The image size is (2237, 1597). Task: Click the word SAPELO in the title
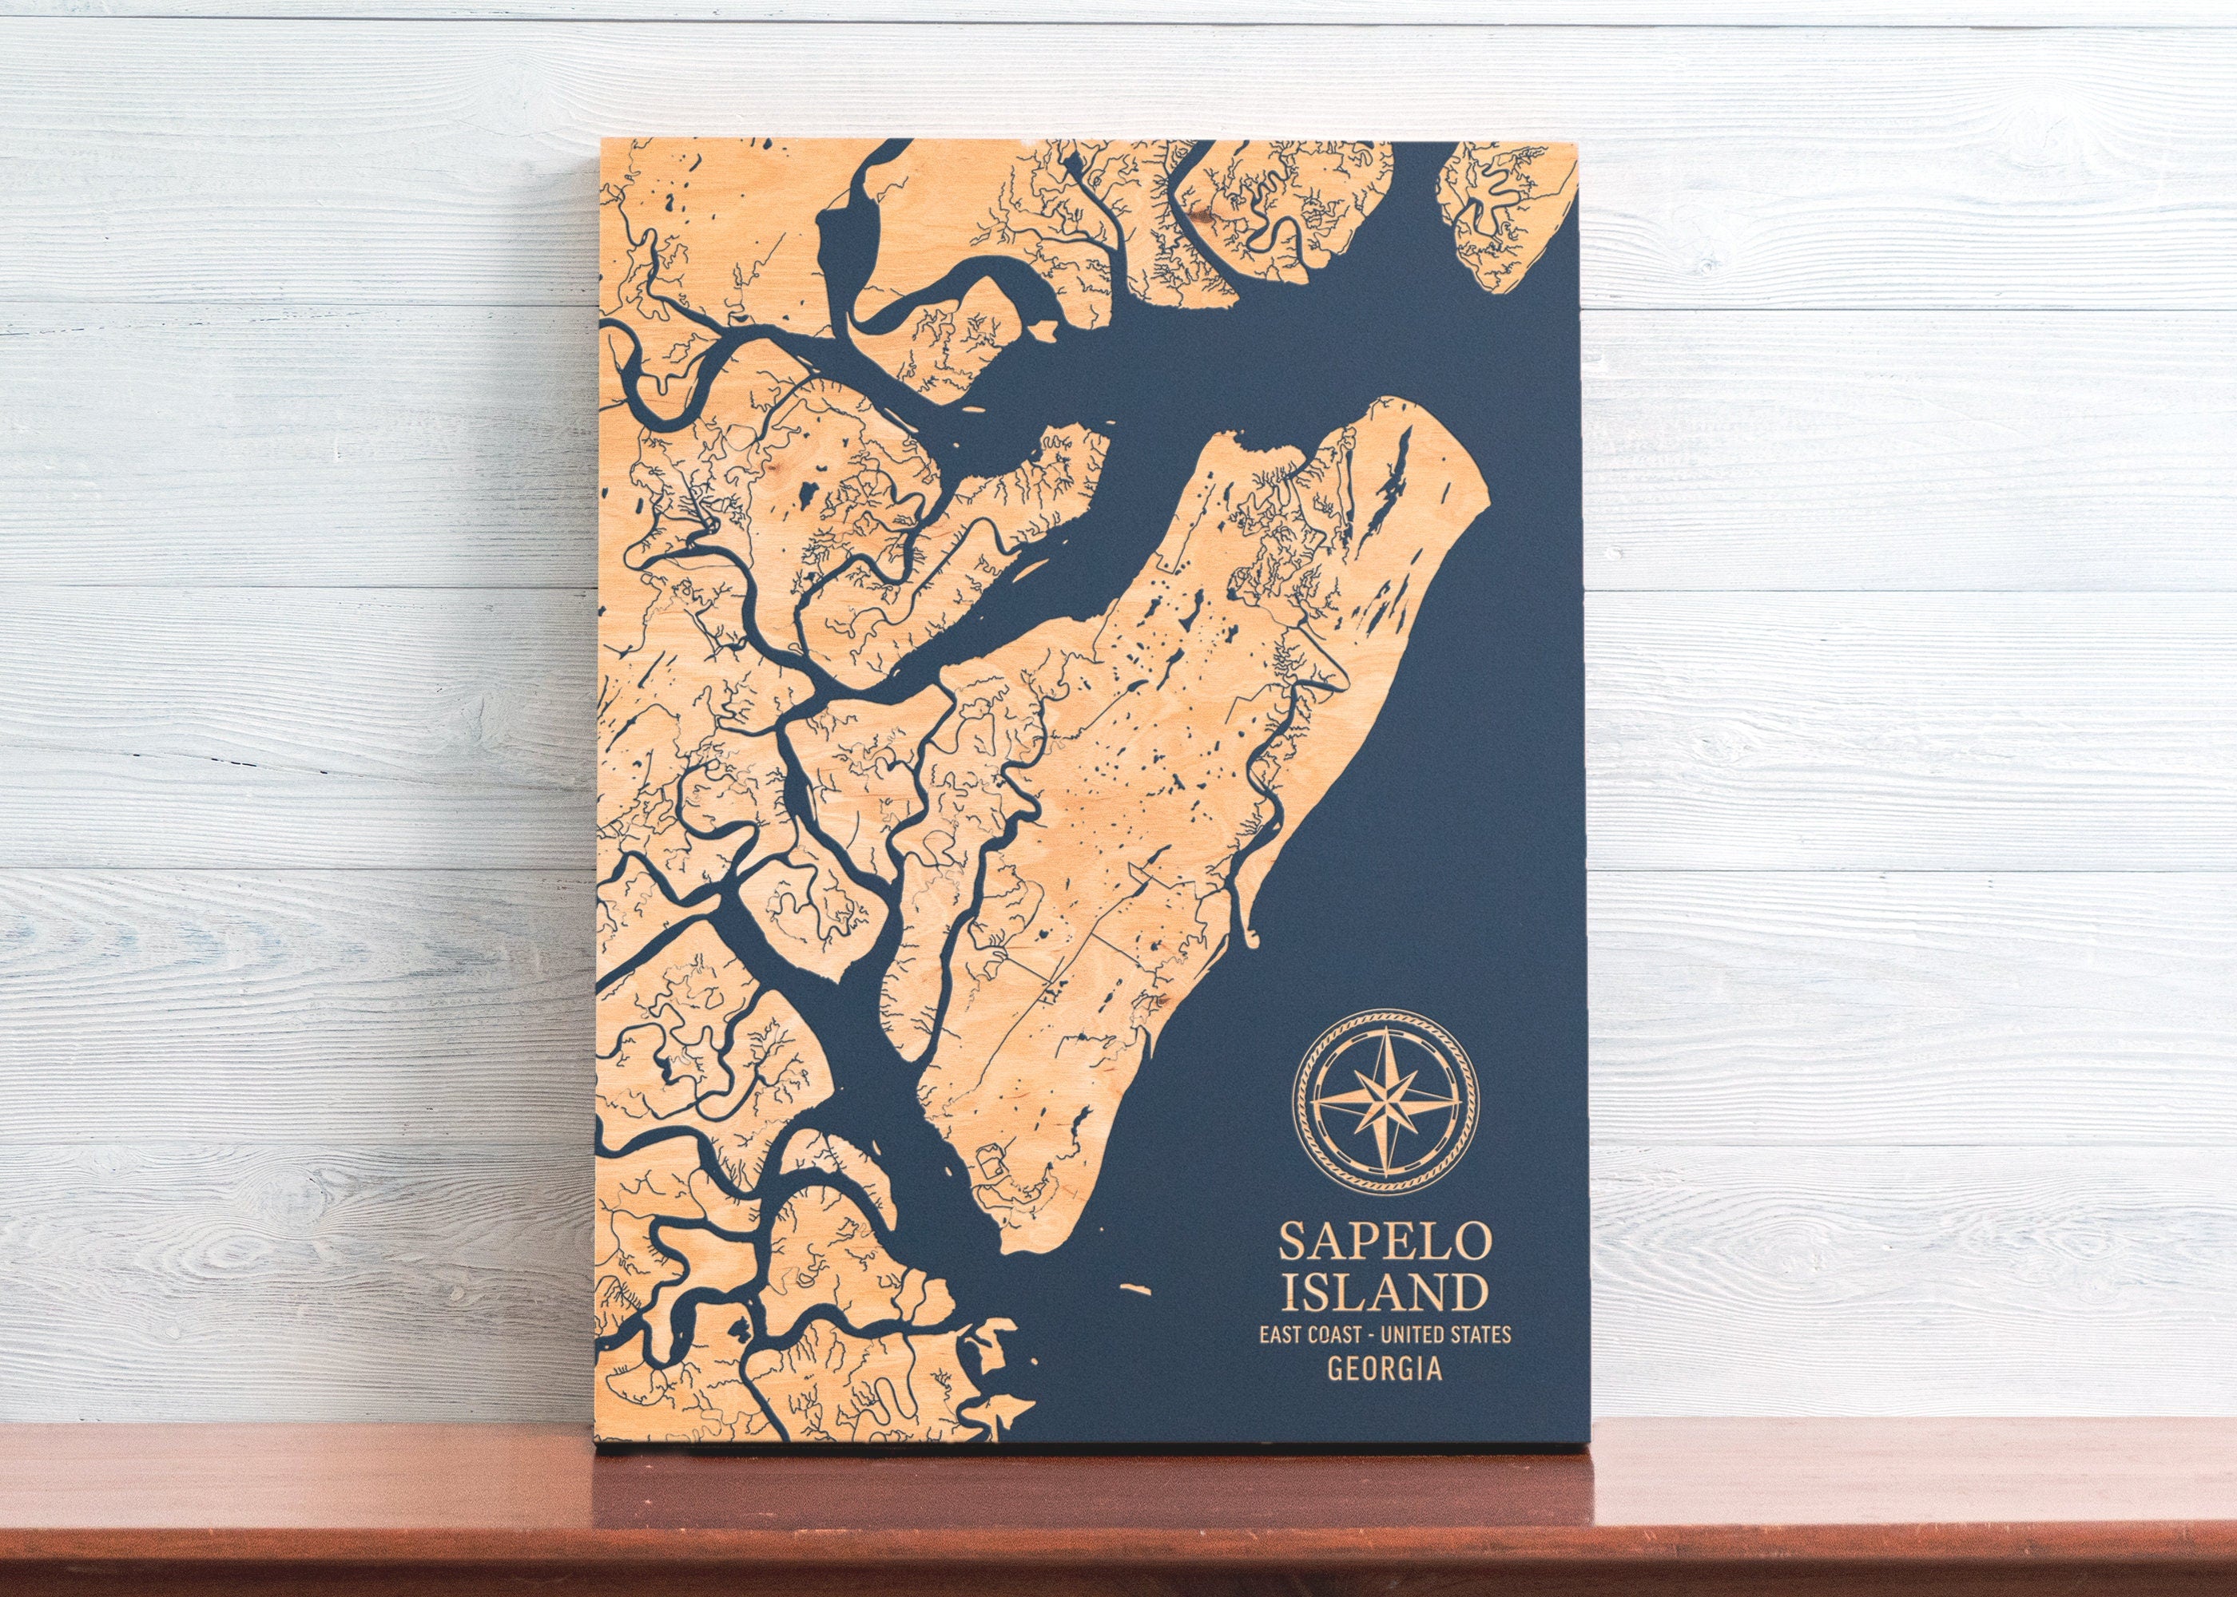pos(1382,1243)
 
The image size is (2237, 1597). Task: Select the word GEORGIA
pos(1383,1370)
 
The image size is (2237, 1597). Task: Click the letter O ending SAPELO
pos(1466,1243)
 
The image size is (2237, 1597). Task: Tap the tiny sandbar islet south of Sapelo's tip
pos(1136,1290)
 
